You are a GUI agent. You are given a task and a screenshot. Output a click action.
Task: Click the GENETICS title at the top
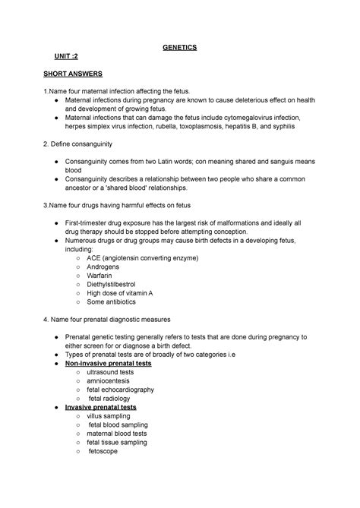click(x=179, y=47)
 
